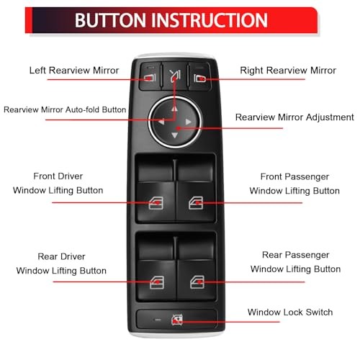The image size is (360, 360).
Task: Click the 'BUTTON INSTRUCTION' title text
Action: (171, 19)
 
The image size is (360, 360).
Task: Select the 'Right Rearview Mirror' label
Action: (287, 71)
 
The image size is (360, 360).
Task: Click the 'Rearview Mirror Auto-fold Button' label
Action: (65, 110)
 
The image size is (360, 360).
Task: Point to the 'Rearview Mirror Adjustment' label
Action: (294, 117)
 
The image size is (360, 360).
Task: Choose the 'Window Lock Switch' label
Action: (289, 312)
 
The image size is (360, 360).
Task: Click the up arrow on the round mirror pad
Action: (174, 109)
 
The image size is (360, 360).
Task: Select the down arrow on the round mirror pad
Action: (174, 135)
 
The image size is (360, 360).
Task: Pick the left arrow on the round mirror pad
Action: (161, 122)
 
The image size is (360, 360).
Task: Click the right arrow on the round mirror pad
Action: (188, 122)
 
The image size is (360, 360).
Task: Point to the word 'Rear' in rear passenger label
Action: (276, 255)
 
